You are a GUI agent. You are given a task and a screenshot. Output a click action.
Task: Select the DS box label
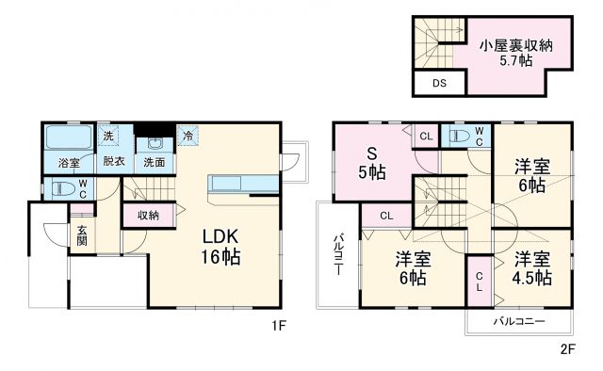(439, 84)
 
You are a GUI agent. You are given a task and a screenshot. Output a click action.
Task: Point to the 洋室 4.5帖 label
(532, 268)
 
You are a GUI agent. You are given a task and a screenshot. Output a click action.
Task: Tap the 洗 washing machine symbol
(107, 137)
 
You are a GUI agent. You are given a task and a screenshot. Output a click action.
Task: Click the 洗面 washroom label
(153, 163)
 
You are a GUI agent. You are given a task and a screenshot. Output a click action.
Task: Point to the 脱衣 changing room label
(114, 162)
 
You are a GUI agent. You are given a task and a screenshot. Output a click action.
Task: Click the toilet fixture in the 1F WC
(61, 188)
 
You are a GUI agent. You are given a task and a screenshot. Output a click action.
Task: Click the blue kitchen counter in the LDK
(244, 182)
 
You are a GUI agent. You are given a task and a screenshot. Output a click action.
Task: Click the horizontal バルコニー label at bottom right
(519, 322)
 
